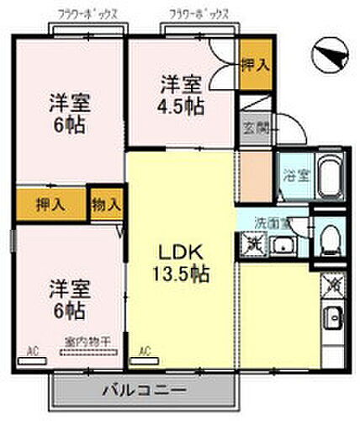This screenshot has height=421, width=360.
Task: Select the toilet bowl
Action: click(x=331, y=237)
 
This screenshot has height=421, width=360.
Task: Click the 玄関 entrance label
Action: click(x=254, y=128)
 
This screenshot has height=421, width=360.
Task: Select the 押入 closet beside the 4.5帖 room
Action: click(x=253, y=64)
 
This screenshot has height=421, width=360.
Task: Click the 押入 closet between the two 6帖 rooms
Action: click(x=51, y=205)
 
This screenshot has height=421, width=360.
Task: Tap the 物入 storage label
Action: click(x=107, y=205)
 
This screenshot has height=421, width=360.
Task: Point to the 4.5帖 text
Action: click(x=181, y=106)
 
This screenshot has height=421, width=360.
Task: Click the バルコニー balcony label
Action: click(x=145, y=390)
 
